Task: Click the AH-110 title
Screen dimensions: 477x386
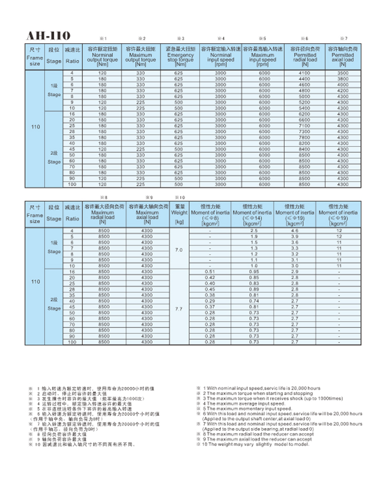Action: coord(48,36)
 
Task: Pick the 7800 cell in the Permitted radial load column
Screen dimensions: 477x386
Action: coord(305,138)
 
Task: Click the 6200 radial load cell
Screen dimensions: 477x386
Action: coord(305,114)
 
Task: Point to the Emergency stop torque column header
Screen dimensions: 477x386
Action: coord(180,57)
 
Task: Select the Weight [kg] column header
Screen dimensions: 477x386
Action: coord(179,215)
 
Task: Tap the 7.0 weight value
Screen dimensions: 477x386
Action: coord(179,250)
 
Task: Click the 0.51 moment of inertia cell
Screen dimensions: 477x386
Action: coord(209,271)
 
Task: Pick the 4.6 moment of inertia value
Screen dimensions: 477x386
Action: coord(295,232)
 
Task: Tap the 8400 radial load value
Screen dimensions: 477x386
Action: coord(305,149)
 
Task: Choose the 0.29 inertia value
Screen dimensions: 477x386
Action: coord(209,301)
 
